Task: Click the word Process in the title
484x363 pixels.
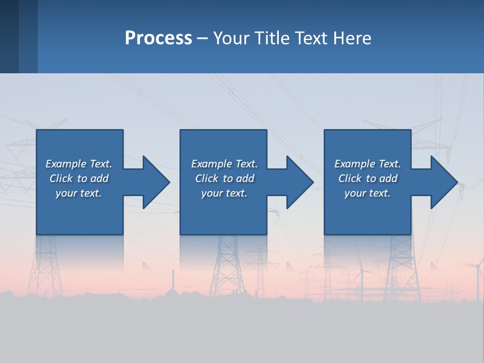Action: [x=158, y=38]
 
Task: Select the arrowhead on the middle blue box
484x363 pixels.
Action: [x=299, y=182]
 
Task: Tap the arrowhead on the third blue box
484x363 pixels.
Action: [x=444, y=182]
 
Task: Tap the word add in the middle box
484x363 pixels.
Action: [x=246, y=178]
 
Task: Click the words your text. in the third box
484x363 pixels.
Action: [x=368, y=193]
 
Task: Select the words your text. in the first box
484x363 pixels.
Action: [x=79, y=193]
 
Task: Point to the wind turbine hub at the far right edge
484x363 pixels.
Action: [x=477, y=264]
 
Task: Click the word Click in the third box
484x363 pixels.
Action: [x=350, y=178]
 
